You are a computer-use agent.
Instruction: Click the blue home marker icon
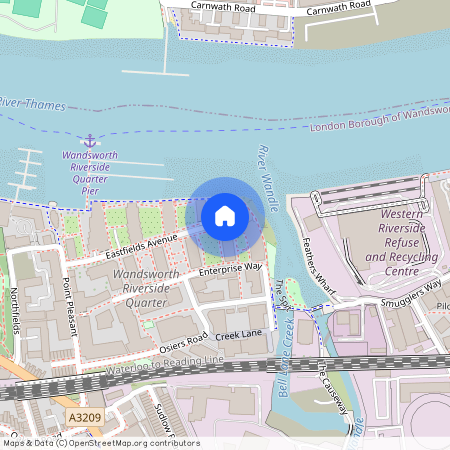(x=224, y=215)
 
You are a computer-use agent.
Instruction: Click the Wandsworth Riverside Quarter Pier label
(x=90, y=168)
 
